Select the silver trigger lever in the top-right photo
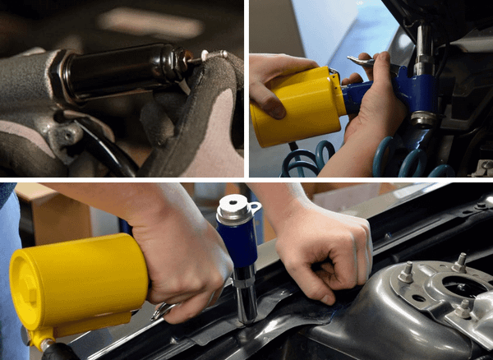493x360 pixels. [x=359, y=61]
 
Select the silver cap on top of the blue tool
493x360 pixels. [x=237, y=210]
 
